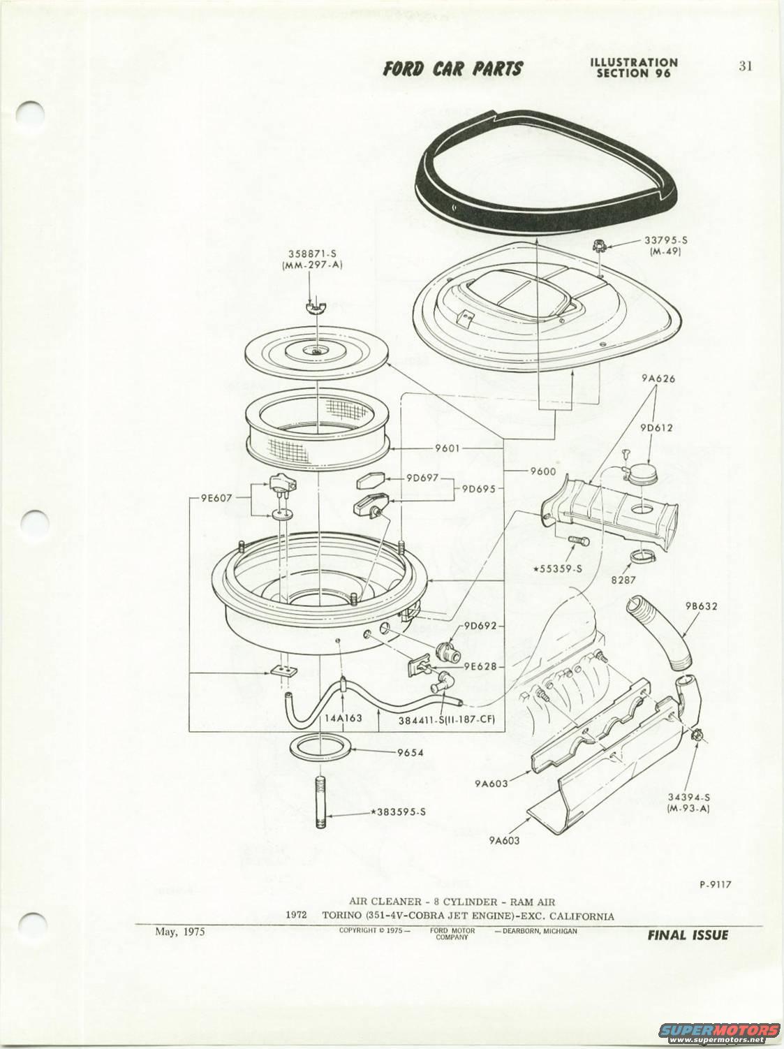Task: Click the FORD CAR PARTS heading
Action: (452, 68)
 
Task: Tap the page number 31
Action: (745, 66)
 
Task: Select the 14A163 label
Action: (343, 718)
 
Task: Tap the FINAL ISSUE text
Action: (687, 935)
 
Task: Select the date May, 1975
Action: (180, 932)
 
